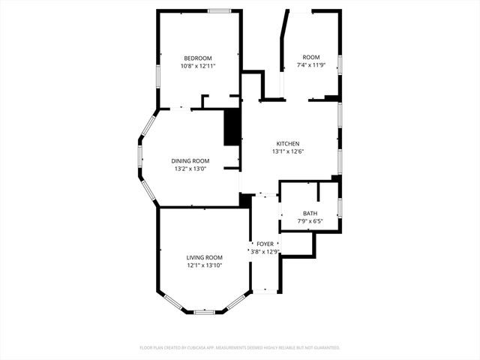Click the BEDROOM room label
click(x=198, y=58)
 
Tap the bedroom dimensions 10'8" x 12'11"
click(x=198, y=67)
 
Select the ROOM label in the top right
click(x=310, y=58)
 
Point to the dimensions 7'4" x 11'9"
click(x=310, y=66)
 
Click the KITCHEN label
click(x=288, y=144)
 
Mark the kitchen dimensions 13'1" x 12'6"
click(x=288, y=152)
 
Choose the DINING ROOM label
click(x=190, y=161)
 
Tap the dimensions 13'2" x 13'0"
click(x=190, y=169)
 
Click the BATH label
click(x=310, y=214)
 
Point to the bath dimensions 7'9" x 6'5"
click(x=310, y=222)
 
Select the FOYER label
click(x=265, y=244)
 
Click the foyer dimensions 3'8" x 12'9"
click(x=265, y=253)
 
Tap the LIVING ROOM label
click(x=205, y=258)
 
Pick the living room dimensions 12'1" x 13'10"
click(x=205, y=266)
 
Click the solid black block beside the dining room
click(x=232, y=127)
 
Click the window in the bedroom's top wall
click(x=219, y=10)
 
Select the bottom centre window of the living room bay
click(x=205, y=311)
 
